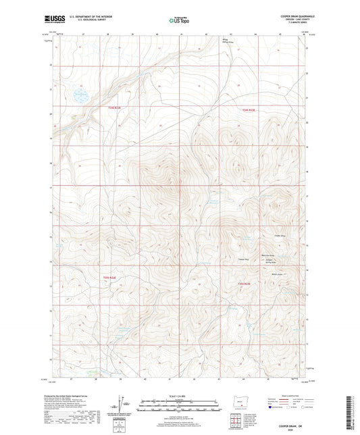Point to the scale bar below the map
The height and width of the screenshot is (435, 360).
[180, 407]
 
